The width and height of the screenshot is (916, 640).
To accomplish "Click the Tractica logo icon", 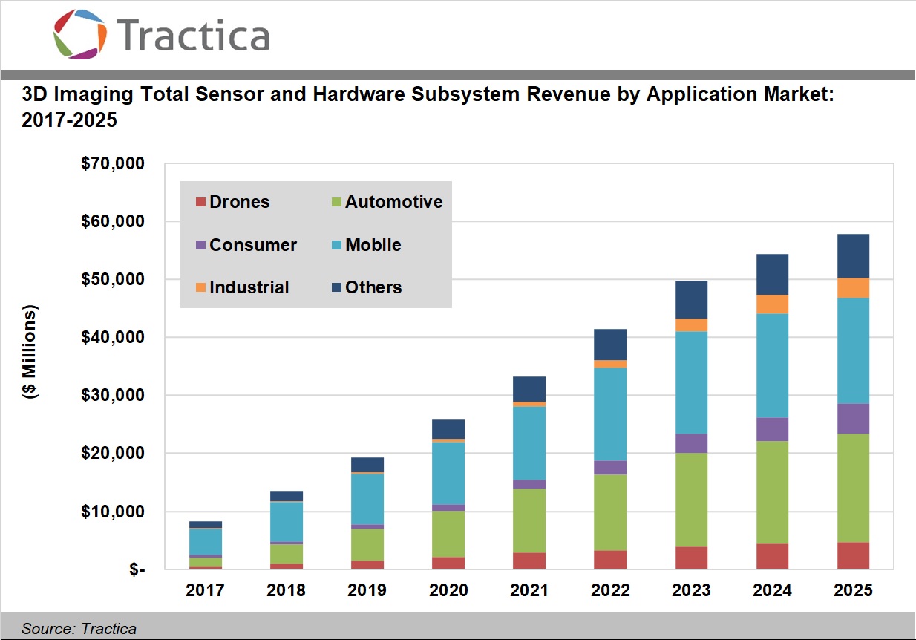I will click(x=80, y=34).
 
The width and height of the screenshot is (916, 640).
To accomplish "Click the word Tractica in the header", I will click(x=192, y=36).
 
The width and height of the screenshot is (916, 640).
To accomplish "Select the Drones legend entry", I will click(x=232, y=202).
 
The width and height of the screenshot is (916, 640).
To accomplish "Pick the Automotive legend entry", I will click(x=386, y=202).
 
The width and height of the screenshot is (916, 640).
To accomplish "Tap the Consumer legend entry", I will click(x=246, y=245).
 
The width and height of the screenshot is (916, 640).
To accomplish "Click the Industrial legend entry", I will click(x=242, y=287).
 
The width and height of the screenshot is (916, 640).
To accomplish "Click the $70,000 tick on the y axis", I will click(x=112, y=163).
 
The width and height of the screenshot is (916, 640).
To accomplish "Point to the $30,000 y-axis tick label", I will click(x=112, y=395).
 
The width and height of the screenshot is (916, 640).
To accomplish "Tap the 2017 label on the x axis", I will click(x=205, y=590).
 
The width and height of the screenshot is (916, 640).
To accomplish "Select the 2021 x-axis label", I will click(x=529, y=590).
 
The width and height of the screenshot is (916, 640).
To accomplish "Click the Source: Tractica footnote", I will click(x=79, y=629).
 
